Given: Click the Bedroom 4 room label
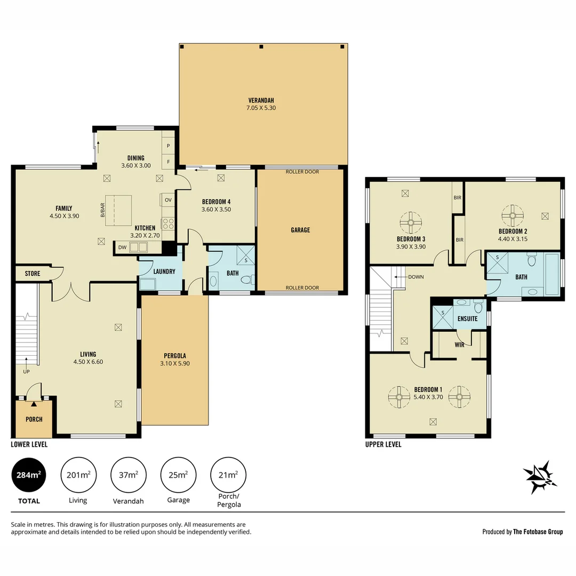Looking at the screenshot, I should (216, 202).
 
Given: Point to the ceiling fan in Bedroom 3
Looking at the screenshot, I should (411, 221).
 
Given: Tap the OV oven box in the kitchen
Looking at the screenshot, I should (167, 200).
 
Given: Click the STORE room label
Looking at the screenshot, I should (33, 274).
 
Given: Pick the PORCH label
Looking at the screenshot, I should (34, 419).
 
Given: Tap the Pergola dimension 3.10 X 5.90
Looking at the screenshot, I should (175, 363).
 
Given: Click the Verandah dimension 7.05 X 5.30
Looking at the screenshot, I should (261, 108).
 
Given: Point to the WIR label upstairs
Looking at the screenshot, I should (459, 345).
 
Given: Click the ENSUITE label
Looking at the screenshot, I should (468, 319).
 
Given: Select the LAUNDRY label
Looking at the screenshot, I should (164, 271).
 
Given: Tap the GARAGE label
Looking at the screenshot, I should (300, 230).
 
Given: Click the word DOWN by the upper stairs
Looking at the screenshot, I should (415, 277).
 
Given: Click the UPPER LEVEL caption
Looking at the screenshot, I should (383, 444).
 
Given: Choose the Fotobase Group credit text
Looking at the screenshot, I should (522, 532).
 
